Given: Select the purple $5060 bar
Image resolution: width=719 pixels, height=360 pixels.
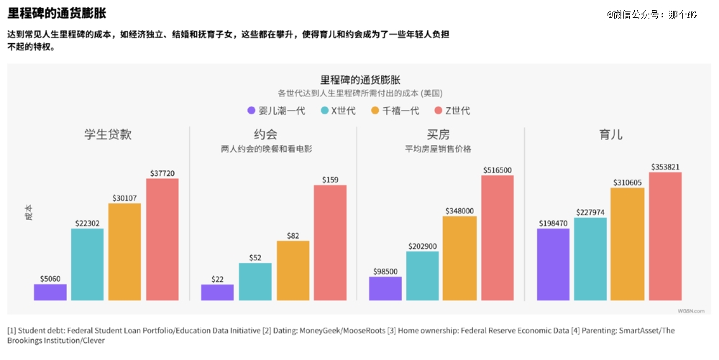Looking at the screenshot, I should (50, 292).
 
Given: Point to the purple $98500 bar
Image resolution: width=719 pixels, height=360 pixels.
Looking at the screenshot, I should (385, 288).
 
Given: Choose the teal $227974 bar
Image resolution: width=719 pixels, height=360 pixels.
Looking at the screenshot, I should (590, 258).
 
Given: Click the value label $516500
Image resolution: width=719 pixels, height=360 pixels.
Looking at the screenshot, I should (497, 170).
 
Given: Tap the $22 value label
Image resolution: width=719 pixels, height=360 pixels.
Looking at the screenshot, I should (217, 280).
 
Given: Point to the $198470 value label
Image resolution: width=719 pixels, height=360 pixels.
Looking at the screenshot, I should (553, 223).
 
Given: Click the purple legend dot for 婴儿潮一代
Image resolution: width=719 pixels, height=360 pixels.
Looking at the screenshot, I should (252, 111).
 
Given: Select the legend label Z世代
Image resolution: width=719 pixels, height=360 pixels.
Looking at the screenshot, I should (458, 111).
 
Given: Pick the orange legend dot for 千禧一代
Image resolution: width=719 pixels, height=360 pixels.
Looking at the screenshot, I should (375, 111).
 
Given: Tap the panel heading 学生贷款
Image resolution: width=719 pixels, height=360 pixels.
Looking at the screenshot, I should (108, 134).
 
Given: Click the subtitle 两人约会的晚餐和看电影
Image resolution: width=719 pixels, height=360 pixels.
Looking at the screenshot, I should (266, 149).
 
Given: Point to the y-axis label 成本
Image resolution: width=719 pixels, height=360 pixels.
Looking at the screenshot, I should (29, 213).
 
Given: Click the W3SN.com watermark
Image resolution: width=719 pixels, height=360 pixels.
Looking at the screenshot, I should (690, 310).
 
